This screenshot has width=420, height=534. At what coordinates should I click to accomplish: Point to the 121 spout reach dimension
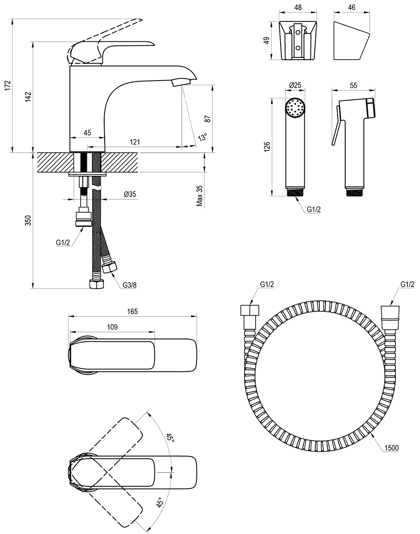[x=135, y=142]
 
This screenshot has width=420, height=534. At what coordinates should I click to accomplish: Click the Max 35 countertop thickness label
[x=200, y=196]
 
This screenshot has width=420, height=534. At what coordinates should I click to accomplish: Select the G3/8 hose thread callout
[x=130, y=285]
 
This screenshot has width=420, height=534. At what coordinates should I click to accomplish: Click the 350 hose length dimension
[x=28, y=221]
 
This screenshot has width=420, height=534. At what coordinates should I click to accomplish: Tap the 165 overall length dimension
[x=132, y=311]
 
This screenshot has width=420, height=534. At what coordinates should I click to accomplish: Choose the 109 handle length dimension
[x=112, y=327]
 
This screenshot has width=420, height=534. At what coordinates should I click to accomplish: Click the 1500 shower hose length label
[x=391, y=448]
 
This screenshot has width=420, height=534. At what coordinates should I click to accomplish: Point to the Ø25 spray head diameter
[x=295, y=85]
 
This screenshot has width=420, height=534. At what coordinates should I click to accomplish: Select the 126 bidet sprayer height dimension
[x=267, y=147]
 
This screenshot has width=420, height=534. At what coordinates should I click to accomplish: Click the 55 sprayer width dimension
[x=354, y=85]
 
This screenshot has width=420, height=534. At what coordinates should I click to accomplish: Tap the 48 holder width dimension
[x=298, y=8]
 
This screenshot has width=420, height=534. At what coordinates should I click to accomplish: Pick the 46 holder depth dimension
[x=351, y=8]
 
